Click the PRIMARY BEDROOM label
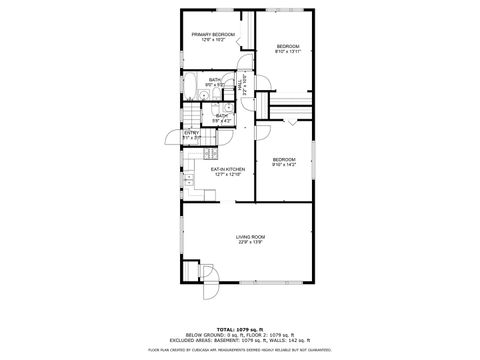214,35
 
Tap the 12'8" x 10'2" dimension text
214,41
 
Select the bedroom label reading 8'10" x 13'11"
288,52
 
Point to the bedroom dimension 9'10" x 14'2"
285,165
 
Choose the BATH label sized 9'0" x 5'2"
215,82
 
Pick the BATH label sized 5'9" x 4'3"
222,118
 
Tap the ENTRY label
191,132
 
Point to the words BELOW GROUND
203,333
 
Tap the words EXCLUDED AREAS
203,339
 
